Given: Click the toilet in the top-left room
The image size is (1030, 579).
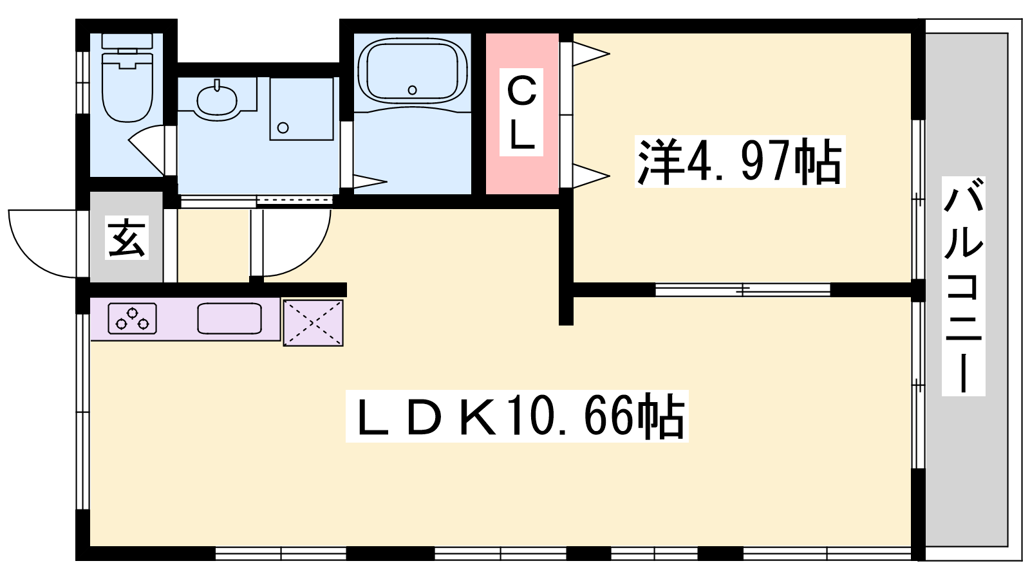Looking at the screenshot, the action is [x=127, y=78].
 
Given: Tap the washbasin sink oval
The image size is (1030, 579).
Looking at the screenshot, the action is [x=216, y=100].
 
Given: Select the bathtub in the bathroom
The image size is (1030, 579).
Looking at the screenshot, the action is [x=413, y=71].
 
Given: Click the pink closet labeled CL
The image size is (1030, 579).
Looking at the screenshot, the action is [x=522, y=113].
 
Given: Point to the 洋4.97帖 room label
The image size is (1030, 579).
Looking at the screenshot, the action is [x=740, y=161].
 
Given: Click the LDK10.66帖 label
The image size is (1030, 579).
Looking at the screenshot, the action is [x=517, y=416].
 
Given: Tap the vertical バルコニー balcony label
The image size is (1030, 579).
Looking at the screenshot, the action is [x=963, y=286].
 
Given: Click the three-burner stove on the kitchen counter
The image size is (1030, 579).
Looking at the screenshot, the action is [x=133, y=318].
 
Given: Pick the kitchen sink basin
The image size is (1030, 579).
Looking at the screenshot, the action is [x=229, y=318].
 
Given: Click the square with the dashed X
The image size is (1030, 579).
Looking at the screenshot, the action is [x=313, y=323].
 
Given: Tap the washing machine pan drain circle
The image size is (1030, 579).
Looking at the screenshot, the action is [x=283, y=128].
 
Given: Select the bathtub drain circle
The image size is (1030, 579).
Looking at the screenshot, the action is [x=413, y=90].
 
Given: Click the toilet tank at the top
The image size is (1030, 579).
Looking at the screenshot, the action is [x=127, y=41].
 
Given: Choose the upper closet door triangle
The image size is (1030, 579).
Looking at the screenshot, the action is [x=591, y=54].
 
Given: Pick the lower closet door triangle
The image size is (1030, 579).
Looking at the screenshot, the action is [x=591, y=176].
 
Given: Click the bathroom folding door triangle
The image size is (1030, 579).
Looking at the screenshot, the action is [x=370, y=181].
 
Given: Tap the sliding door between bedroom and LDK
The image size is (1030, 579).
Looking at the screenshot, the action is [x=743, y=290].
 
